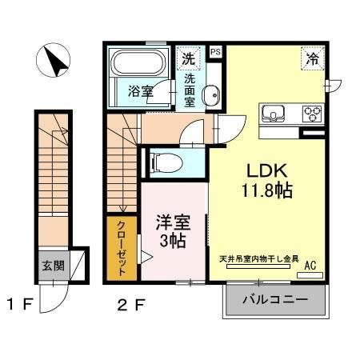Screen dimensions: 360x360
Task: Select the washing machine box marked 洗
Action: [x=187, y=58]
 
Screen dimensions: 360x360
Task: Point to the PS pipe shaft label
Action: [x=214, y=51]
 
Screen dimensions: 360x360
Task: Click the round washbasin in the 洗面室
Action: [x=210, y=97]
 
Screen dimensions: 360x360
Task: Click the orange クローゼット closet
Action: [x=122, y=248]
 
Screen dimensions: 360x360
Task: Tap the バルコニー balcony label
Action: [x=275, y=302]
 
